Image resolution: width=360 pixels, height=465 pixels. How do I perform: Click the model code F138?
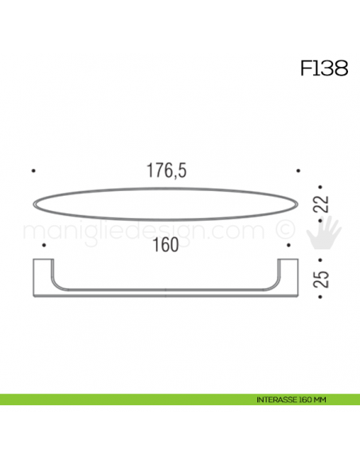[x=323, y=68]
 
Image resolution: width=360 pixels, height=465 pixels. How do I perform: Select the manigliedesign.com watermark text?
[x=143, y=232]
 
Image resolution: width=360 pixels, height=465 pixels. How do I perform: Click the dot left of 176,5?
[x=32, y=170]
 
